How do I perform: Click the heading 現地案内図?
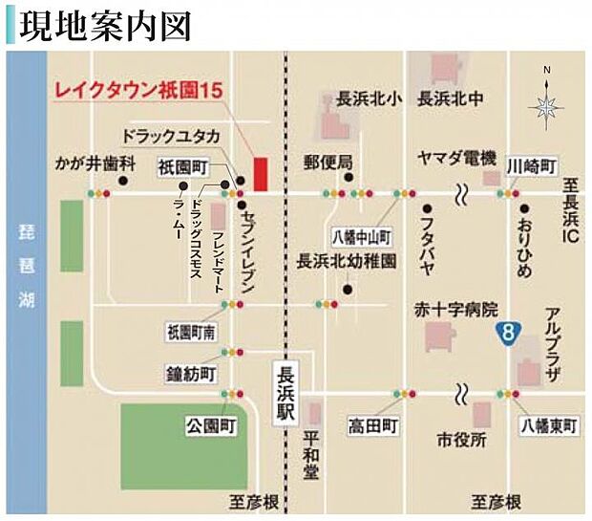pyautogui.click(x=106, y=25)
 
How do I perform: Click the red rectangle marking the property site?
pyautogui.click(x=260, y=175)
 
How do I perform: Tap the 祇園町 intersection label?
pyautogui.click(x=184, y=165)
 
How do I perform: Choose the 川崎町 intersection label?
pyautogui.click(x=532, y=165)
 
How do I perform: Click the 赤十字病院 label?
pyautogui.click(x=442, y=310)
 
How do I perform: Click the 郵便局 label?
pyautogui.click(x=328, y=160)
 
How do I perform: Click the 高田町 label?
pyautogui.click(x=372, y=425)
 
